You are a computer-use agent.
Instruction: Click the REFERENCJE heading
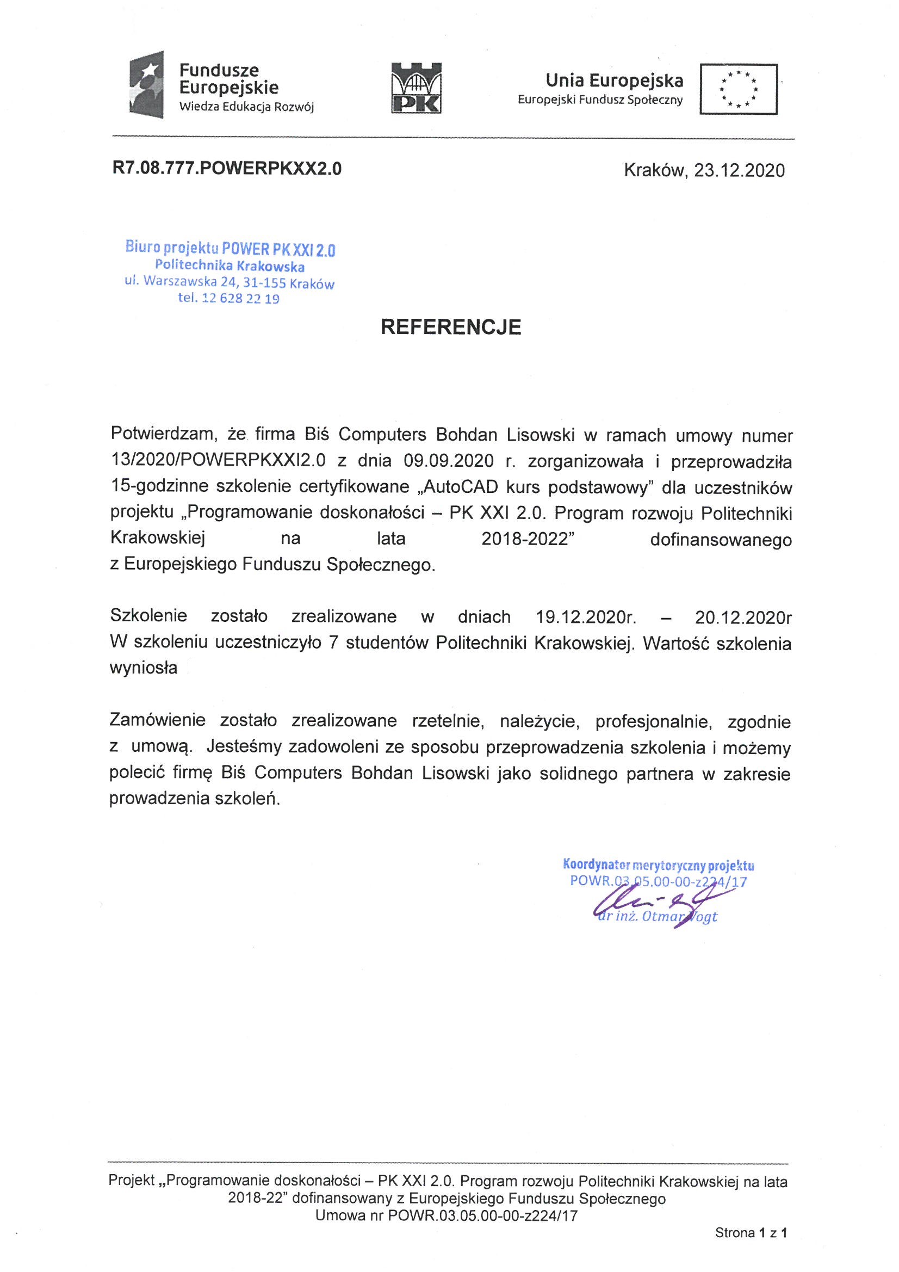click(x=450, y=327)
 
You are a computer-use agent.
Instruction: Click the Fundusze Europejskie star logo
click(x=146, y=85)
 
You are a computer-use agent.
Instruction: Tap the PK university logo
click(x=417, y=87)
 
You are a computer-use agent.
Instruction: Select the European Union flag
click(x=739, y=89)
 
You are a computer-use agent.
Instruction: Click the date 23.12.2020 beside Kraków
click(x=739, y=170)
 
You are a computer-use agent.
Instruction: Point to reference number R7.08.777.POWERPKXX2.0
click(x=227, y=169)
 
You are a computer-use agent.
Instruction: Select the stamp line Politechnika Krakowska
click(x=230, y=267)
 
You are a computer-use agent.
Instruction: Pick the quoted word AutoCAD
click(x=449, y=487)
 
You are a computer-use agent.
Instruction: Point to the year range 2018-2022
click(x=526, y=539)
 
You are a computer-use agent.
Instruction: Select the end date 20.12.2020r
click(x=742, y=616)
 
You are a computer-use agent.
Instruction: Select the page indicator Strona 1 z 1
click(x=751, y=1248)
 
